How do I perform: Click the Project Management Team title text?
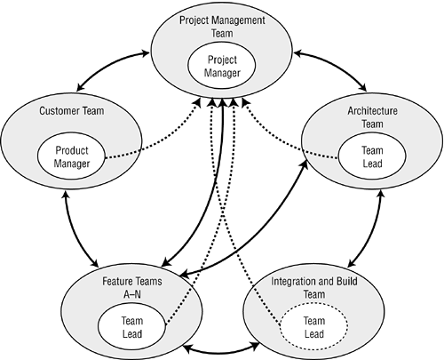coord(222,27)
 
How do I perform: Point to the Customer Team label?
coord(72,111)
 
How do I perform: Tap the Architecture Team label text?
coord(372,117)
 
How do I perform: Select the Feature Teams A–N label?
coord(132,287)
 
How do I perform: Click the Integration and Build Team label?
coord(314,287)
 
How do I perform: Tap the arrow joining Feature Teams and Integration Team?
coord(221,353)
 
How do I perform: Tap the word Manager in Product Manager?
coord(71,164)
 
